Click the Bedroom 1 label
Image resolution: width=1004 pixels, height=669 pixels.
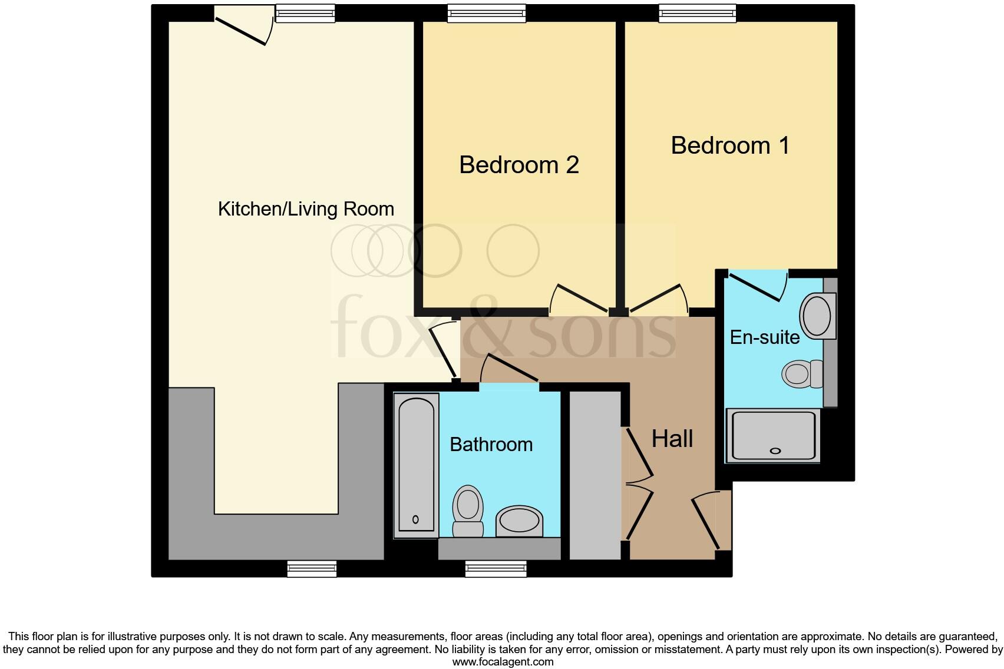coord(730,145)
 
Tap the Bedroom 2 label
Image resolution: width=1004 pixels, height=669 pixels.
coord(519,165)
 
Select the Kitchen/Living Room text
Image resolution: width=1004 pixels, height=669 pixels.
coord(306,209)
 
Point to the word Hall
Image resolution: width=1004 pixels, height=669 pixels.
coord(672,439)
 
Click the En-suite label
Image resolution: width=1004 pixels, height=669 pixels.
coord(765,337)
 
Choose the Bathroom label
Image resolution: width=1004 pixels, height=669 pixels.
coord(491,445)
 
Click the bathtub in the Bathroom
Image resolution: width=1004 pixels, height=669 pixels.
coord(416,465)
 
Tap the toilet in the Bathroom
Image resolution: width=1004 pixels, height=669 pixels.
coord(468,511)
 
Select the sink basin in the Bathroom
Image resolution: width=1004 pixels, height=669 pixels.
coord(519,521)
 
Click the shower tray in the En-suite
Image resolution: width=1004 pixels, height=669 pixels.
coord(773,436)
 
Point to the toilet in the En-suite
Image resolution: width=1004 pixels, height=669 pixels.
coord(802,374)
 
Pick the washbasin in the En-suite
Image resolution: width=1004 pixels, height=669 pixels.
coord(818,316)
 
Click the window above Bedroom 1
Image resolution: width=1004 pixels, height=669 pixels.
coord(698,13)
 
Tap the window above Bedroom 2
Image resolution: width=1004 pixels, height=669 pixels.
coord(487,13)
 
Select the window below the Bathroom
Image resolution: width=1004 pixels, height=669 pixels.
coord(496,569)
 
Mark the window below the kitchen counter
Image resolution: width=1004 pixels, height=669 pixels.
coord(312,569)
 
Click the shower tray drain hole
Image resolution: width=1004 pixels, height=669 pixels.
coord(775,451)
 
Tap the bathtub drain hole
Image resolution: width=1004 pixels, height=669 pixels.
coord(415,520)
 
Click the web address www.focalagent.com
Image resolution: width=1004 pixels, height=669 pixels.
coord(503,662)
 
